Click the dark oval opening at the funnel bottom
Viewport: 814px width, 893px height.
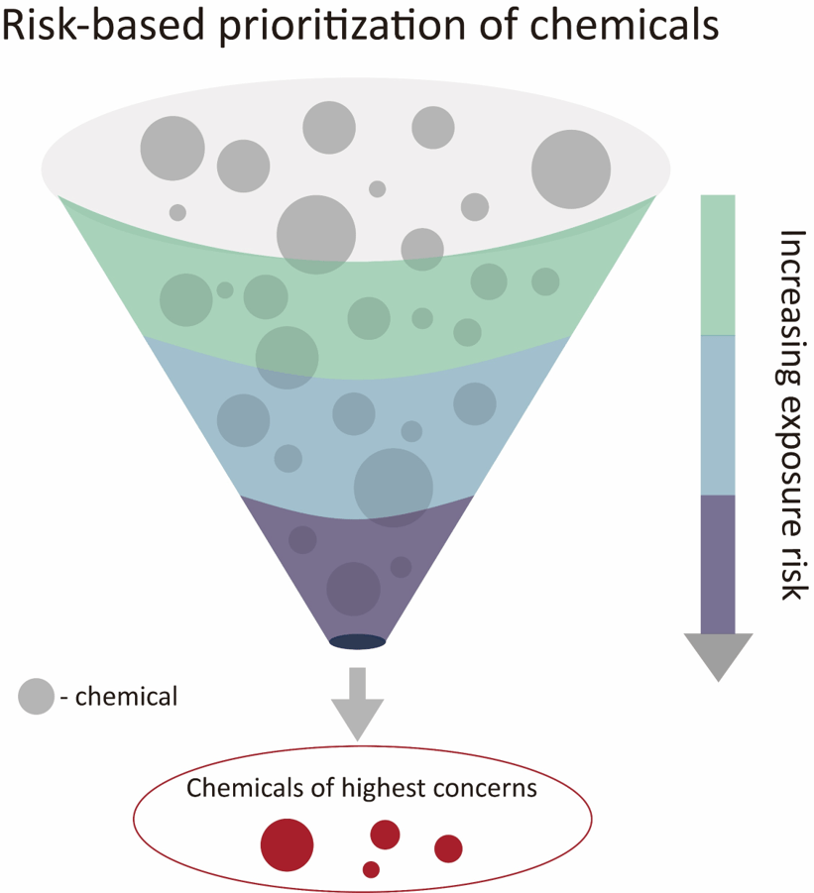357,642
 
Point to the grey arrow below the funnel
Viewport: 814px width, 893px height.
356,705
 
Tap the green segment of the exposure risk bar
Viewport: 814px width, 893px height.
718,265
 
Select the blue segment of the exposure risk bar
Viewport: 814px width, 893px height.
718,414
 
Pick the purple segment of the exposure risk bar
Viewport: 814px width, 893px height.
718,563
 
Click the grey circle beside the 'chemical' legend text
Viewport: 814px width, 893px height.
36,697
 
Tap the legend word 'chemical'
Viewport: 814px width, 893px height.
126,697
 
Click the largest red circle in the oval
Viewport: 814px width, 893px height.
287,844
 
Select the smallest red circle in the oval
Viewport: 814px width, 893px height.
371,869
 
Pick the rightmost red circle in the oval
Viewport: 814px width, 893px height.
448,848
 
